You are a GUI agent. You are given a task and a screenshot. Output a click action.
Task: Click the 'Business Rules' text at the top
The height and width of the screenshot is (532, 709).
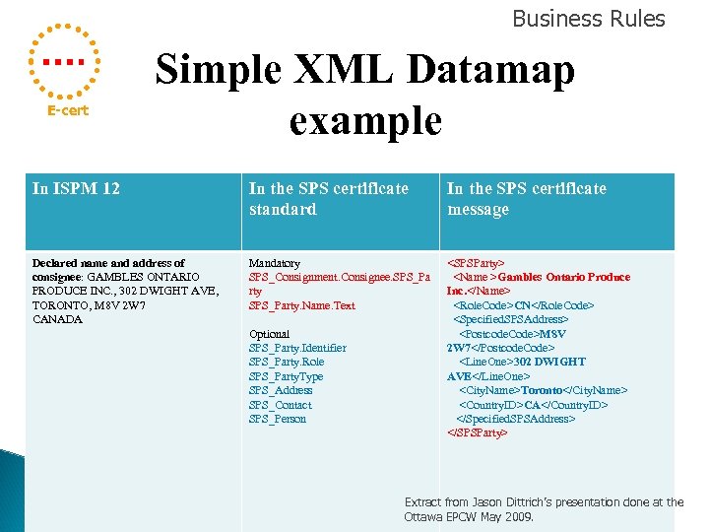pyautogui.click(x=588, y=19)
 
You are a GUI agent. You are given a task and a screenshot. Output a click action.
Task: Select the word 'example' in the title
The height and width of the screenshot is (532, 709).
pyautogui.click(x=365, y=120)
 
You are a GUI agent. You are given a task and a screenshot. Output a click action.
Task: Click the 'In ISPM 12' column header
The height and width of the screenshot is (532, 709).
pyautogui.click(x=76, y=188)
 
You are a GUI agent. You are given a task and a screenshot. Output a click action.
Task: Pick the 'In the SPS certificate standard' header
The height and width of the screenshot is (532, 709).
pyautogui.click(x=328, y=198)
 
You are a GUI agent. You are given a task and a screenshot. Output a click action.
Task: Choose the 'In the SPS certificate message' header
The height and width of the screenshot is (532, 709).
pyautogui.click(x=526, y=198)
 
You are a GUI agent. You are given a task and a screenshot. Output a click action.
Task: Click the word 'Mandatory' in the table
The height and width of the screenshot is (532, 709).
pyautogui.click(x=275, y=263)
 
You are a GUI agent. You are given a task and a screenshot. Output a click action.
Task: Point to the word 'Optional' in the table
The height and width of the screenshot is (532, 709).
pyautogui.click(x=270, y=334)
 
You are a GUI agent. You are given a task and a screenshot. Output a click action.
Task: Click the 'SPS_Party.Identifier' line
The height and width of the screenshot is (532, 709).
pyautogui.click(x=297, y=348)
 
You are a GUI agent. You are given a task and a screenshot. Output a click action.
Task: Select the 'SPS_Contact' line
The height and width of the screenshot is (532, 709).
pyautogui.click(x=280, y=405)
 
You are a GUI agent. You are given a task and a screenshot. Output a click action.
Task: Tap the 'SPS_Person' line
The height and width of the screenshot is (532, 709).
pyautogui.click(x=278, y=419)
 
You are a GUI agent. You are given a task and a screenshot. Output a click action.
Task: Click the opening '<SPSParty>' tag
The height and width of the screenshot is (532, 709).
pyautogui.click(x=476, y=263)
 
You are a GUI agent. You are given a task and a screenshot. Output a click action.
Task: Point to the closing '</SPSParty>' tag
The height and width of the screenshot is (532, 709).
pyautogui.click(x=478, y=432)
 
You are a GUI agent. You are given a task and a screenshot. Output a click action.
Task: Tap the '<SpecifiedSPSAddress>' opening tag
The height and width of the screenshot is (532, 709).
pyautogui.click(x=510, y=319)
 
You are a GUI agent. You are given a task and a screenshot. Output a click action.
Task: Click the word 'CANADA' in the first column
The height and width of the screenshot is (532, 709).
pyautogui.click(x=58, y=319)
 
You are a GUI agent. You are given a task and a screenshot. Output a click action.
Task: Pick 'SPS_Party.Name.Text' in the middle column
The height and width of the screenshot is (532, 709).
pyautogui.click(x=301, y=305)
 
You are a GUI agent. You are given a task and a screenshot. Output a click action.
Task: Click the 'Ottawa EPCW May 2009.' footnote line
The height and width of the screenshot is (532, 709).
pyautogui.click(x=469, y=516)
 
